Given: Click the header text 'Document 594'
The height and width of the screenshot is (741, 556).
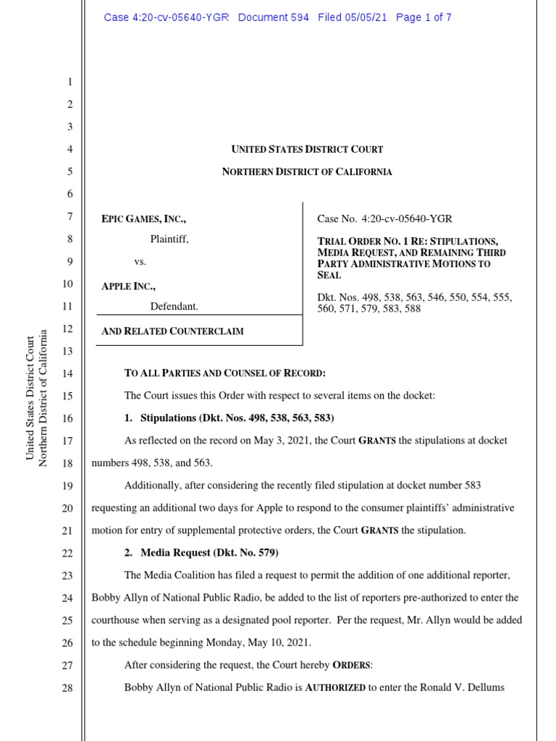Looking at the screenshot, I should (x=274, y=17).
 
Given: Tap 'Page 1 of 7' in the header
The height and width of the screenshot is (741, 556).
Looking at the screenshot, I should (x=424, y=17).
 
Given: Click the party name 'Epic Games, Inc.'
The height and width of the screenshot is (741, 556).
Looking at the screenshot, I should (x=148, y=218).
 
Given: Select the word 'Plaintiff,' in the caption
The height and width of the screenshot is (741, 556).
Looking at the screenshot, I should (x=169, y=240).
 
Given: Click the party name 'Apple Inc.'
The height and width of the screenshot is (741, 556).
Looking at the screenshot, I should (x=128, y=286).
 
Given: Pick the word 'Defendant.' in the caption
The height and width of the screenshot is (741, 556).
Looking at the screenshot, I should (x=174, y=307).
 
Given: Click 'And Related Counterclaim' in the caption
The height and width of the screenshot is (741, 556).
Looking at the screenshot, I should (x=172, y=331).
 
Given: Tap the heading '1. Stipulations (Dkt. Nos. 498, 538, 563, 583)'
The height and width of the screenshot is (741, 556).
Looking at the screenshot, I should (x=229, y=419).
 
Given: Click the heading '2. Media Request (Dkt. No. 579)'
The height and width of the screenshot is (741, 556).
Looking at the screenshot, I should (x=201, y=553).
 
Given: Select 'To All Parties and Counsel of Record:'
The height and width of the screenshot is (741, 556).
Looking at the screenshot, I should (x=225, y=374).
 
